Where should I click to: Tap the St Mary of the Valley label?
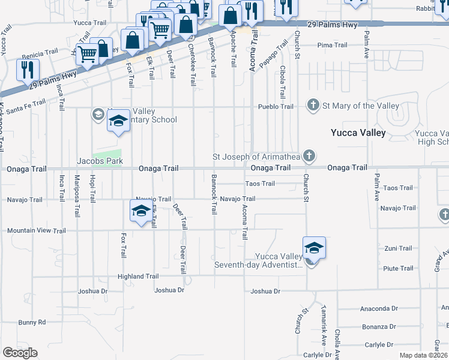pyautogui.click(x=361, y=106)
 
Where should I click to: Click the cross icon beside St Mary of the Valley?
pyautogui.click(x=313, y=106)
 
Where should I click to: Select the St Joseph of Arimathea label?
pyautogui.click(x=258, y=157)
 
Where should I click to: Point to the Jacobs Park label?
pyautogui.click(x=100, y=161)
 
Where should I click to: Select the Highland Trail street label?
pyautogui.click(x=138, y=277)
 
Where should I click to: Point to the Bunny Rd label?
pyautogui.click(x=32, y=322)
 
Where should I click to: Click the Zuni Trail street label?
pyautogui.click(x=398, y=248)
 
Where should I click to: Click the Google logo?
pyautogui.click(x=20, y=353)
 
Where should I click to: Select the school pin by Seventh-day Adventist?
pyautogui.click(x=313, y=248)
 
